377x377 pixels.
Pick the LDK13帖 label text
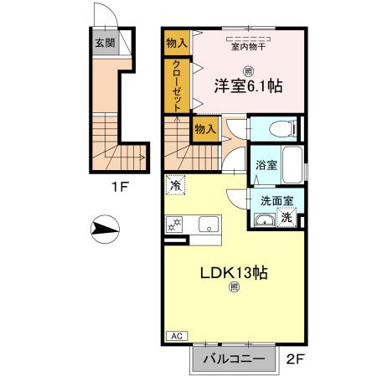tap(233, 273)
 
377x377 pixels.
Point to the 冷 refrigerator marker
tap(176, 183)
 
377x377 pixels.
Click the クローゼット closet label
tap(178, 85)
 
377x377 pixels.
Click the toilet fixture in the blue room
tap(276, 128)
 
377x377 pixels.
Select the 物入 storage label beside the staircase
tap(205, 128)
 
